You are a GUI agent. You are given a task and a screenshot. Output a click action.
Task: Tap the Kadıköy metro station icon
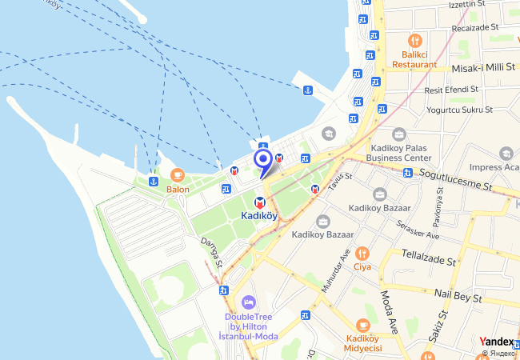[260, 203]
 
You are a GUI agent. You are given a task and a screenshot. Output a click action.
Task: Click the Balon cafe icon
[178, 175]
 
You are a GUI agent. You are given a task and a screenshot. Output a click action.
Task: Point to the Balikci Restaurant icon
[414, 40]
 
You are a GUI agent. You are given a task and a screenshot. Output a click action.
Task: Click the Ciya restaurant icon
[362, 253]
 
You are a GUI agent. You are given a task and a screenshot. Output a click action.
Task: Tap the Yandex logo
[496, 342]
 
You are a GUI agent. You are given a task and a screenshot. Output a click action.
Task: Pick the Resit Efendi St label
[451, 90]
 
